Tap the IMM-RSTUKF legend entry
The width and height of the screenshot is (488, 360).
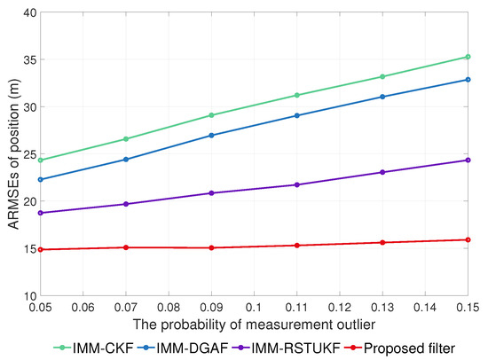tap(314, 348)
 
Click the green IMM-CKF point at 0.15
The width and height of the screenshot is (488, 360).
tap(468, 57)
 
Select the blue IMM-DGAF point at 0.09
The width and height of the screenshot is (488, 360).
tap(211, 136)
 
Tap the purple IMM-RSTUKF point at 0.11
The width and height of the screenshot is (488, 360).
tap(296, 184)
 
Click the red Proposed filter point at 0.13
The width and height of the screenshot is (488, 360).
tap(382, 243)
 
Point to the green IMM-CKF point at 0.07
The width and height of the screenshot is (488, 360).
tap(125, 139)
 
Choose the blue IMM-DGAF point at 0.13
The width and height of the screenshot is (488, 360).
tap(382, 97)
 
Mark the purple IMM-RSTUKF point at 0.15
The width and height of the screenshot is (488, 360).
tap(468, 160)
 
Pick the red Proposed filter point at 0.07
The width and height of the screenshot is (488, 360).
tap(125, 247)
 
